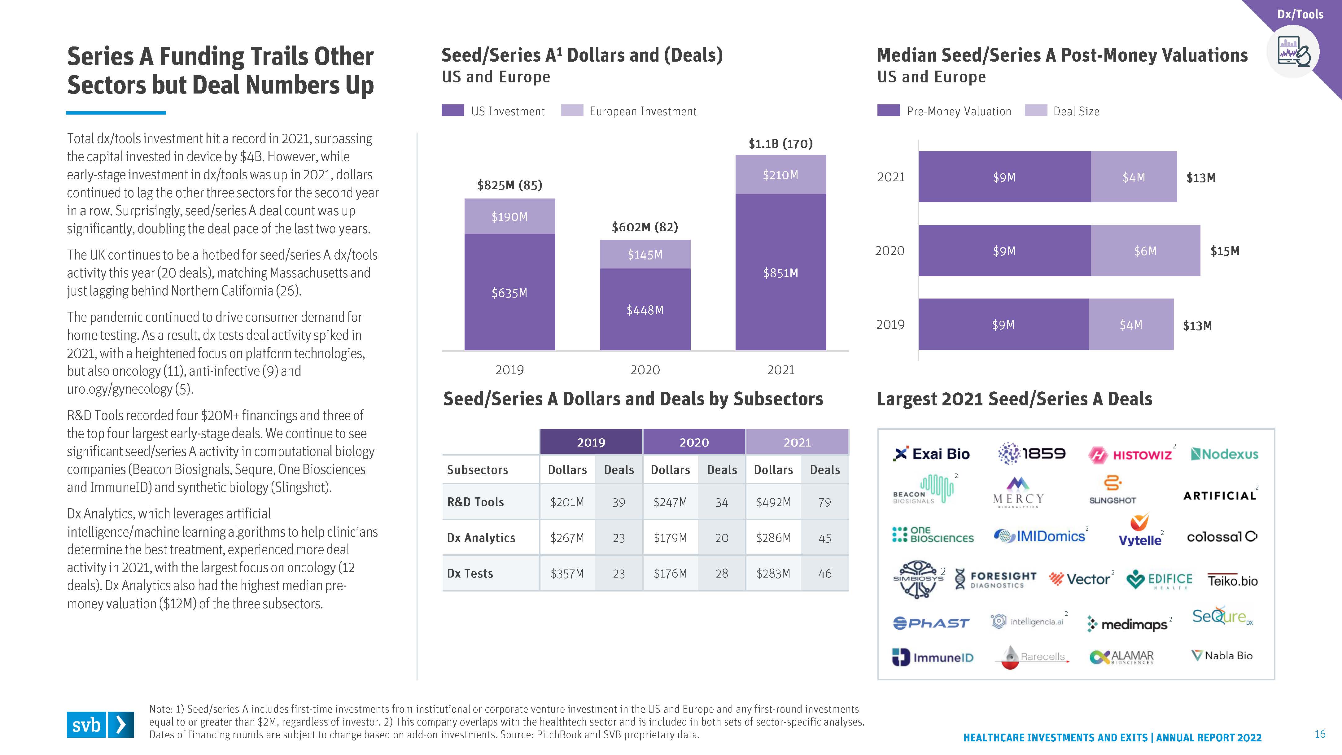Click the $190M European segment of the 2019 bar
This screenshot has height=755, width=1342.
click(509, 216)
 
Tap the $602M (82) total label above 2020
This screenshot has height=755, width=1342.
click(645, 227)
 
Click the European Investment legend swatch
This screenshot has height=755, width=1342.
click(572, 111)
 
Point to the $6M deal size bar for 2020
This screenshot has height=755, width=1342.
click(1145, 251)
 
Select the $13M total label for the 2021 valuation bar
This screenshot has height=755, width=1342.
click(1201, 178)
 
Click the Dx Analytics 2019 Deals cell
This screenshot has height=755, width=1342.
click(619, 538)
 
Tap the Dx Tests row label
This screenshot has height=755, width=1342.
click(470, 573)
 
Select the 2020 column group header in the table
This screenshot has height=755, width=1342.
click(694, 442)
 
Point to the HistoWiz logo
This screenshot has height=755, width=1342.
click(1130, 454)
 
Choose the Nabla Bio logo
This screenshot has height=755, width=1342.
click(1222, 656)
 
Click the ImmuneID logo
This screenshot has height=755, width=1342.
click(933, 657)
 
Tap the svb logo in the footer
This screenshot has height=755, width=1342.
click(100, 724)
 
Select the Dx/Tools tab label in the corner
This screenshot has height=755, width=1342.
click(1300, 14)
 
